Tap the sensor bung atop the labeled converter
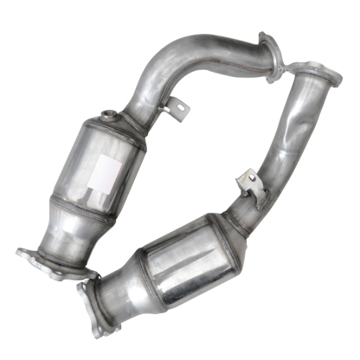coord(106,116)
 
